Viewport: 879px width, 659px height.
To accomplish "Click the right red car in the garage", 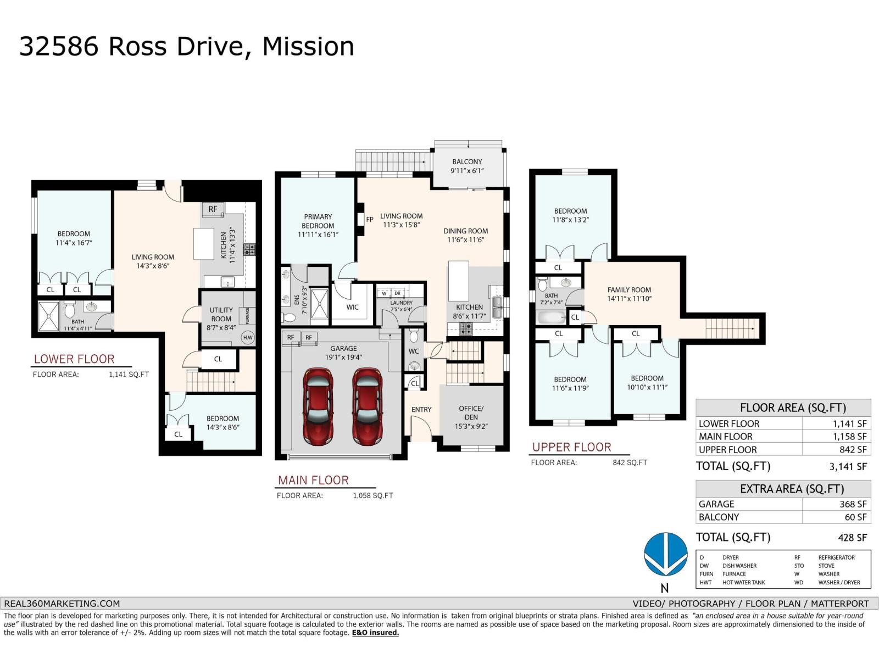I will pos(367,407).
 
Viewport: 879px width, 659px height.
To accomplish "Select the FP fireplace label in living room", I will pos(370,220).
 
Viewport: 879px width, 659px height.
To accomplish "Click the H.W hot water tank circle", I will pos(248,338).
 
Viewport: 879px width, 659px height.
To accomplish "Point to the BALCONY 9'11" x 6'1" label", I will pos(467,166).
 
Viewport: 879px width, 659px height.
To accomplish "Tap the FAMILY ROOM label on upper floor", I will pos(629,294).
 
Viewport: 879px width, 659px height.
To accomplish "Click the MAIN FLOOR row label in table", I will pos(725,437).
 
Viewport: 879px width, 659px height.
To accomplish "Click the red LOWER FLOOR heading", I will pos(74,359).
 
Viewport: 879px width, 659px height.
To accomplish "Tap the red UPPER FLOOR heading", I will pos(571,447).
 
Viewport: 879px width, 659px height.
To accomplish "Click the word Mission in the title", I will pos(308,47).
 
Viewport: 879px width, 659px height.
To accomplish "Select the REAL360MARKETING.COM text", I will pos(62,604).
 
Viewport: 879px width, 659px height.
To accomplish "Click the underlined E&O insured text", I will pos(375,633).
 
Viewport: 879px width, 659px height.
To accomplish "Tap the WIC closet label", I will pos(352,307).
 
